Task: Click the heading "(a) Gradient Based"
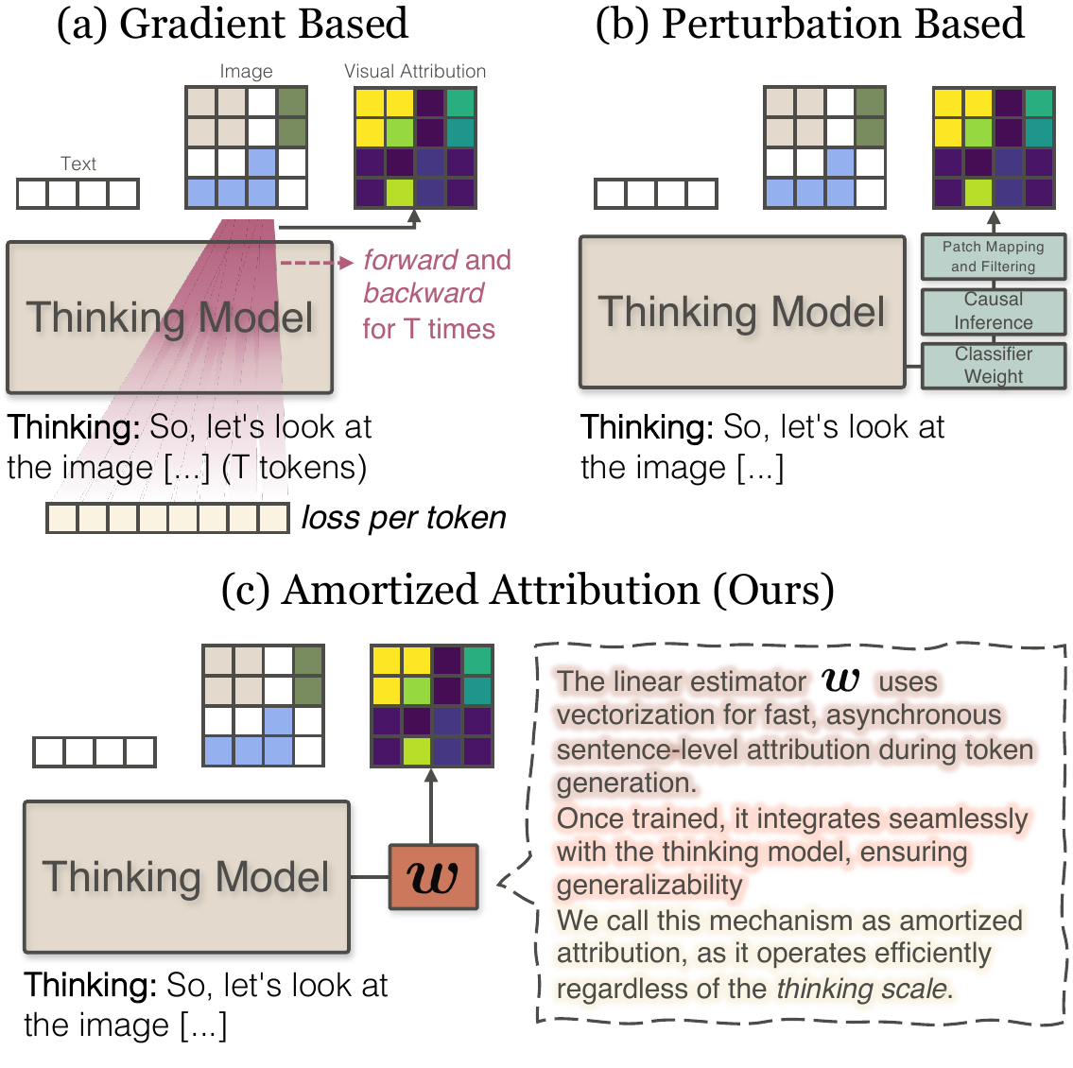point(232,24)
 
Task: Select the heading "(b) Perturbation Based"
point(809,24)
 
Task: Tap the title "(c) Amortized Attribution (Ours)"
point(528,590)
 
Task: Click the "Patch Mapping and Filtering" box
point(993,256)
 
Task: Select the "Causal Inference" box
point(993,311)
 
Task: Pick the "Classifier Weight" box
point(993,365)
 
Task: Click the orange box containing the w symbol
point(433,877)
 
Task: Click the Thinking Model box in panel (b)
point(742,312)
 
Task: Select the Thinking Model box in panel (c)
point(186,876)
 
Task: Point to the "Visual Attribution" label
point(415,71)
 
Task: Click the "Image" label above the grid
point(246,71)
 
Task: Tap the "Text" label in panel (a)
point(78,164)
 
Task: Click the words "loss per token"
point(404,518)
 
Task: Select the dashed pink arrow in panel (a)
point(316,262)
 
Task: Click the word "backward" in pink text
point(424,293)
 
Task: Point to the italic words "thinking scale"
point(860,989)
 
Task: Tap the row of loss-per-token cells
point(167,518)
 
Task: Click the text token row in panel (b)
point(656,194)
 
